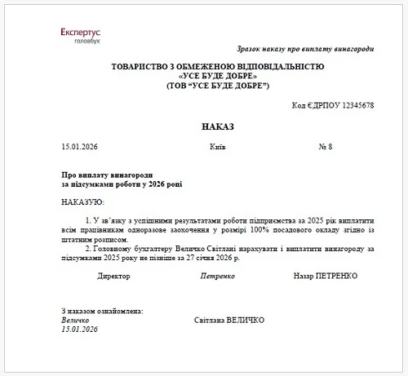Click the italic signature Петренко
[218, 276]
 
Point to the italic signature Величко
[76, 321]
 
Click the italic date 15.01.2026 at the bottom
[80, 330]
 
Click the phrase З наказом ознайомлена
[103, 311]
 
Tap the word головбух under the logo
[86, 39]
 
